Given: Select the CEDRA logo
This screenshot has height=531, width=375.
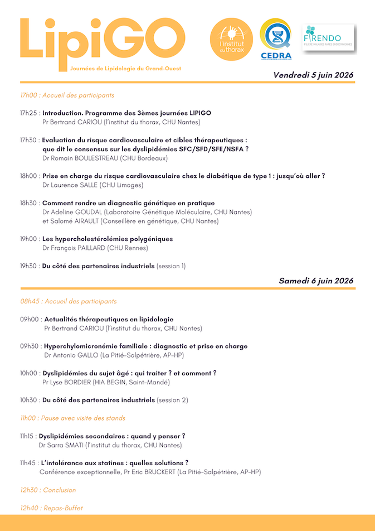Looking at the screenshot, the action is click(x=276, y=40).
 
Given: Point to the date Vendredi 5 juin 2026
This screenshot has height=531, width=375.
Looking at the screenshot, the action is click(x=313, y=75).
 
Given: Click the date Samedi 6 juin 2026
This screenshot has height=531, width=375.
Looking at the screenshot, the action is click(x=316, y=281).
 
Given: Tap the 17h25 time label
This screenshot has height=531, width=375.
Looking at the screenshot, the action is click(x=29, y=113).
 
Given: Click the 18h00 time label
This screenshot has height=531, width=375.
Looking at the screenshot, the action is click(x=29, y=176).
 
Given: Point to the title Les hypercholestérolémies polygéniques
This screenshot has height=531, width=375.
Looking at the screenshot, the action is click(x=108, y=239).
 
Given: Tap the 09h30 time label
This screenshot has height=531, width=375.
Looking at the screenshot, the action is click(x=29, y=346).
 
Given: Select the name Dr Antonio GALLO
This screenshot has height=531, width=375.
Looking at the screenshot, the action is click(x=75, y=355).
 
